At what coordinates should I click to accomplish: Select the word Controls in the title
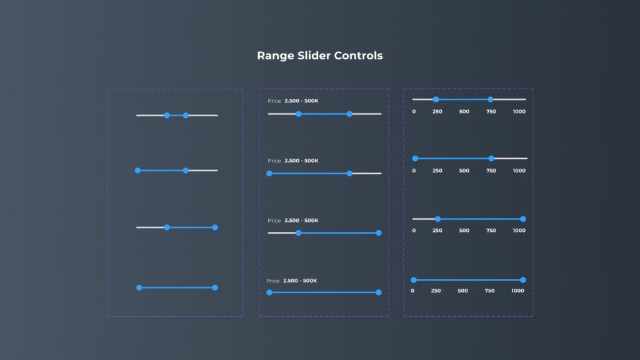(358, 56)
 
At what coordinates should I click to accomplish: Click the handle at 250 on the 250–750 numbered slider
(436, 99)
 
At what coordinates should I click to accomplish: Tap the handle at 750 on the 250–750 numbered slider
(490, 99)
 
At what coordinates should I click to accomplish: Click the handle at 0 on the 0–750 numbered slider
(415, 159)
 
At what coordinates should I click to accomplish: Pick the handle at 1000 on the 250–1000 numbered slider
(523, 219)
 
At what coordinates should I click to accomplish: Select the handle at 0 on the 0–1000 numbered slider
(413, 280)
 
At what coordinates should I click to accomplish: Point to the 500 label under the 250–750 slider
(464, 111)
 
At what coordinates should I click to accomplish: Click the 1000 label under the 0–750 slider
(519, 171)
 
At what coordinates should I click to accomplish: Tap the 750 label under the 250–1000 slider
(491, 231)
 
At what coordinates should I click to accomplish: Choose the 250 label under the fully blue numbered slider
(436, 291)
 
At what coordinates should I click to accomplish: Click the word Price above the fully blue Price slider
(273, 281)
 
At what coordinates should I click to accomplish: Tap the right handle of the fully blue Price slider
(379, 292)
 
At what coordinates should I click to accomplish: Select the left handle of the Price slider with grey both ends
(298, 114)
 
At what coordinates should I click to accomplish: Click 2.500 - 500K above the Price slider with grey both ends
(301, 101)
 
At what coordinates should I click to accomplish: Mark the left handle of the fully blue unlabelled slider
(139, 287)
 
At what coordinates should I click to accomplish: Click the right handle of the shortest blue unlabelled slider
(186, 115)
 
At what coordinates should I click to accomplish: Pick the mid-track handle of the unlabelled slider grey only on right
(186, 170)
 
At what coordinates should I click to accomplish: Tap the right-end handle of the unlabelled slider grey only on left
(215, 227)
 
